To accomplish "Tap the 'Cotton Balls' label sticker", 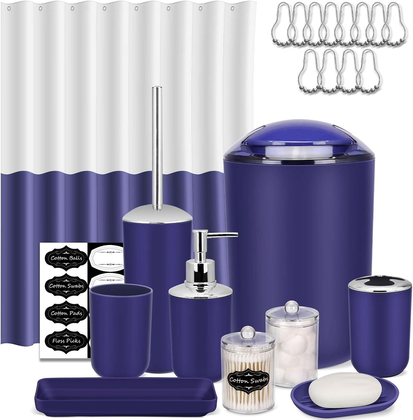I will (x=67, y=258).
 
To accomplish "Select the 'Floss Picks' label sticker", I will (x=67, y=340).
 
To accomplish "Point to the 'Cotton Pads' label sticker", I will (x=67, y=313).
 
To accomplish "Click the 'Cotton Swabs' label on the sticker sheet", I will (x=67, y=286).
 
